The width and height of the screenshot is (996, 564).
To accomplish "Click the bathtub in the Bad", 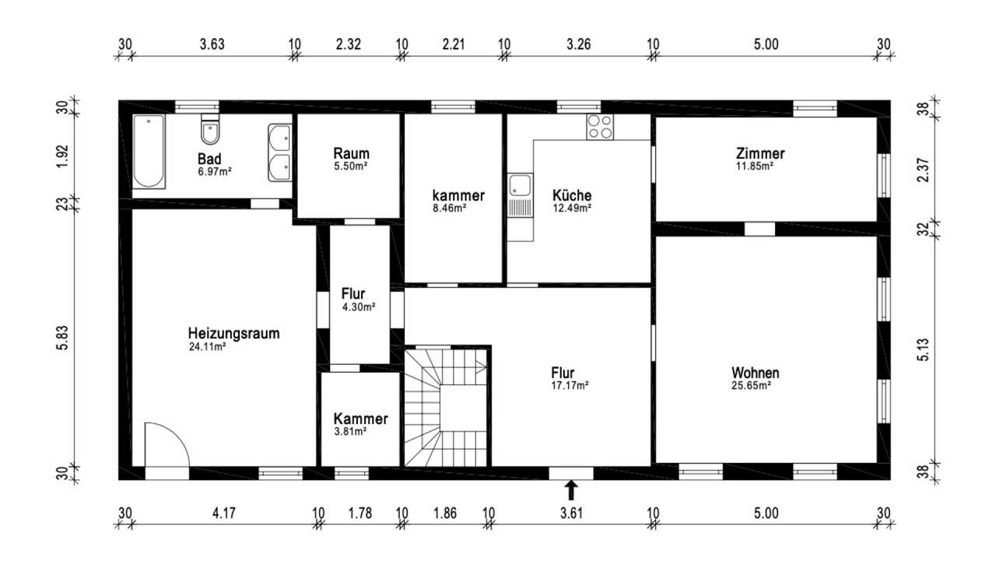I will coord(148,152).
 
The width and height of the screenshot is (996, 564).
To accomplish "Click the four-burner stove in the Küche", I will coord(599,126).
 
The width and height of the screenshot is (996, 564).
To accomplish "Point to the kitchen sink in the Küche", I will coord(520,187).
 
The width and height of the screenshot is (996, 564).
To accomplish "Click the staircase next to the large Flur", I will coord(447,405).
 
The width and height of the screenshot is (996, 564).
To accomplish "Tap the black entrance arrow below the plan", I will coord(571,489).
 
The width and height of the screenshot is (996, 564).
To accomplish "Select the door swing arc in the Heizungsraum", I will coord(167,443).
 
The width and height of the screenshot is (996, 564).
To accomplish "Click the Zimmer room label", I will coord(760,153).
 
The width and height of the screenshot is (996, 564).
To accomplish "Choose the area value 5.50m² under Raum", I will coord(350,166).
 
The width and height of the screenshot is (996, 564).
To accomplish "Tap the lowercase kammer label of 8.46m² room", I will coord(459,195).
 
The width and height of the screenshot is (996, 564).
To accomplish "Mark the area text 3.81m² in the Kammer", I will coord(349,431).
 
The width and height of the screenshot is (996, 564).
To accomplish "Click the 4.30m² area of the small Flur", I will coord(359,307).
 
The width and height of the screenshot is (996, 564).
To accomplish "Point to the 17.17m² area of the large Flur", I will coord(571,384).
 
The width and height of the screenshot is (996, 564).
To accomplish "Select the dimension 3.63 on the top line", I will coord(212,44).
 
